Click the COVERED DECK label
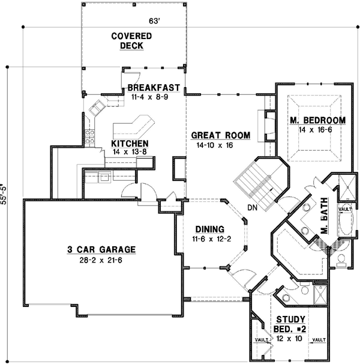point(131,41)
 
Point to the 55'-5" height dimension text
point(5,193)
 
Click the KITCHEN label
point(130,144)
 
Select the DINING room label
point(210,229)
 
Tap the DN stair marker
point(252,208)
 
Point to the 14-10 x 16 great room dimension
point(214,145)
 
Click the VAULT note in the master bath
point(345,209)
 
